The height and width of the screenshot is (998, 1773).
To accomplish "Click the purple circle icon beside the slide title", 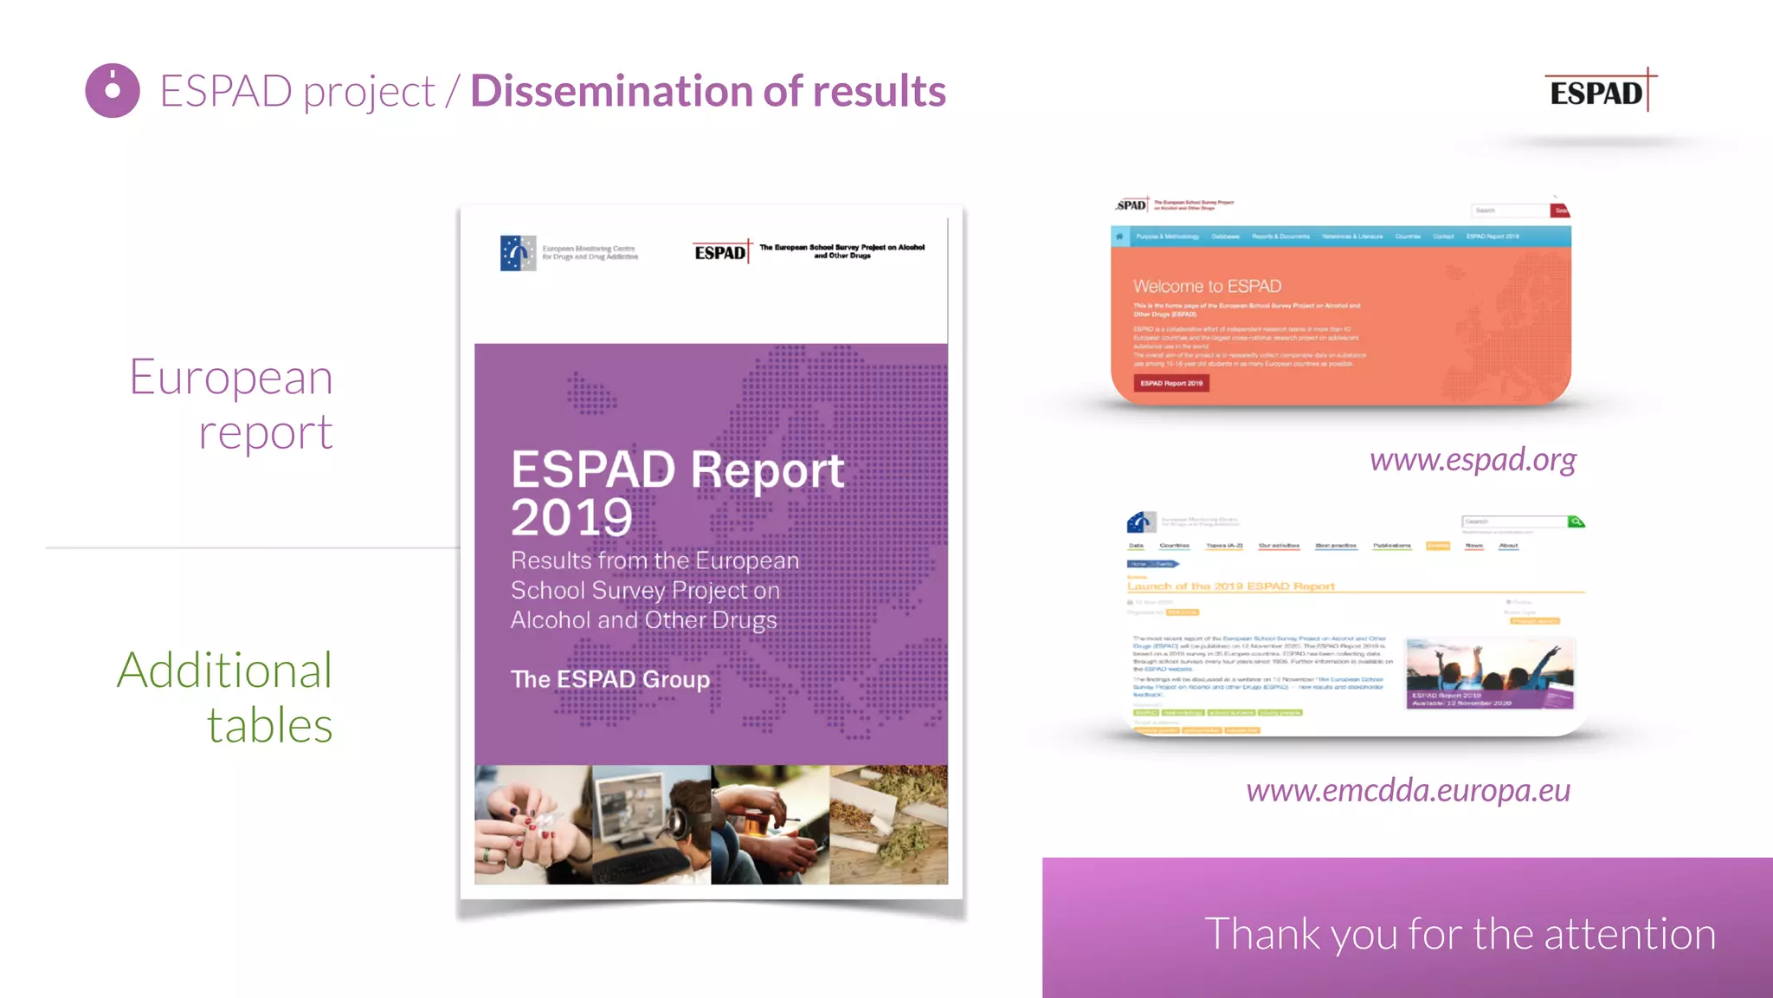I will (113, 90).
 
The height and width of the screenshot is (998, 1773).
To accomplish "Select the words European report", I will (232, 404).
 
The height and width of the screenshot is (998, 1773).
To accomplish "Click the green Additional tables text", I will (226, 697).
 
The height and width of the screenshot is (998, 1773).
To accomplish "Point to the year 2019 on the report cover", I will (571, 517).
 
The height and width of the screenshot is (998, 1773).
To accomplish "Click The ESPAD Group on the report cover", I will (609, 679).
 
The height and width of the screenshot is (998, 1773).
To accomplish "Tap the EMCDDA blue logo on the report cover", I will (518, 253).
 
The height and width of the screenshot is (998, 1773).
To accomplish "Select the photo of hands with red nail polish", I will (532, 825).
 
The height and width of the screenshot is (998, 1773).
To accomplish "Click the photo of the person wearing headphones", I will (652, 825).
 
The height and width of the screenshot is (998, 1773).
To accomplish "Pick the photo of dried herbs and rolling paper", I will (888, 825).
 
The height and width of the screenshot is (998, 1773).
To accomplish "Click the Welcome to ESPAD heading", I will (1207, 287).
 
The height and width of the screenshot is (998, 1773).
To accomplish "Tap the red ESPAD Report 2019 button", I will (1171, 383).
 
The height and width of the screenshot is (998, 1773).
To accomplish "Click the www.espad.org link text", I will (1473, 459).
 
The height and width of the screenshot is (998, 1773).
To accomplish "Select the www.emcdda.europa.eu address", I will (1408, 790).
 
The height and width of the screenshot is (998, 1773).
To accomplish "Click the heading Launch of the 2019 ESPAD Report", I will (1230, 586).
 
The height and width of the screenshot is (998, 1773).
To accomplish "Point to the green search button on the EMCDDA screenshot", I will (1576, 522).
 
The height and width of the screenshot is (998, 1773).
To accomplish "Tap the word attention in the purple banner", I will (1629, 934).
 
